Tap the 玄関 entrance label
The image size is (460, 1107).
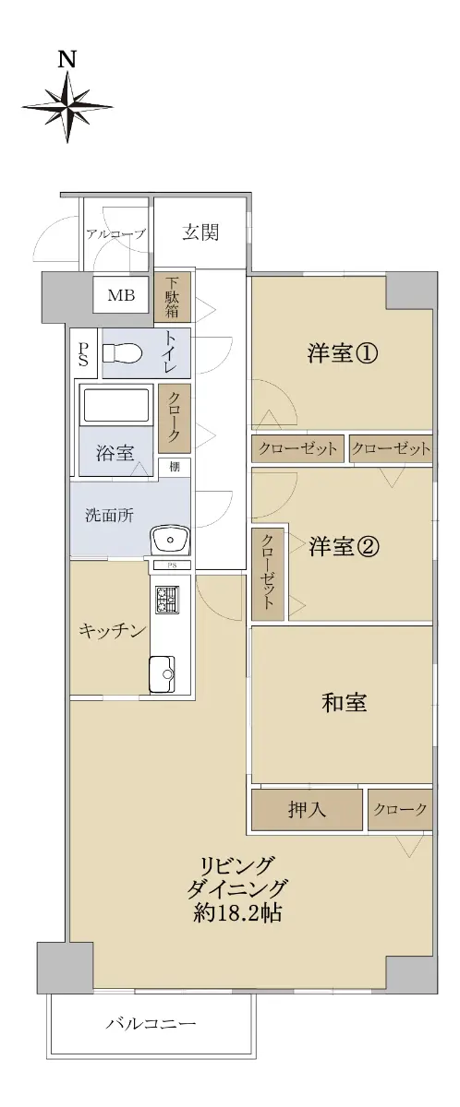coord(200,232)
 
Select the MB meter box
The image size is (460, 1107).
coord(121,295)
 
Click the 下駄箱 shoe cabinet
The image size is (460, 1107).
coord(172,297)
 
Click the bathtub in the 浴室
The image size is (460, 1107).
coord(115,405)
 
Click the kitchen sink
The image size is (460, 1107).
coord(163,674)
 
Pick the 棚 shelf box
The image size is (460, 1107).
coord(175,467)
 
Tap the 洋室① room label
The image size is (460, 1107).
coord(343,353)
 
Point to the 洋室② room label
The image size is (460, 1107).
coord(345,546)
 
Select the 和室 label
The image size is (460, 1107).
coord(345,702)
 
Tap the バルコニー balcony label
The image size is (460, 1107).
coord(151,1022)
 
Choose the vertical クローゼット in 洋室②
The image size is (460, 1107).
coord(268,574)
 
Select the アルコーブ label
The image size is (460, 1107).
coord(115,233)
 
